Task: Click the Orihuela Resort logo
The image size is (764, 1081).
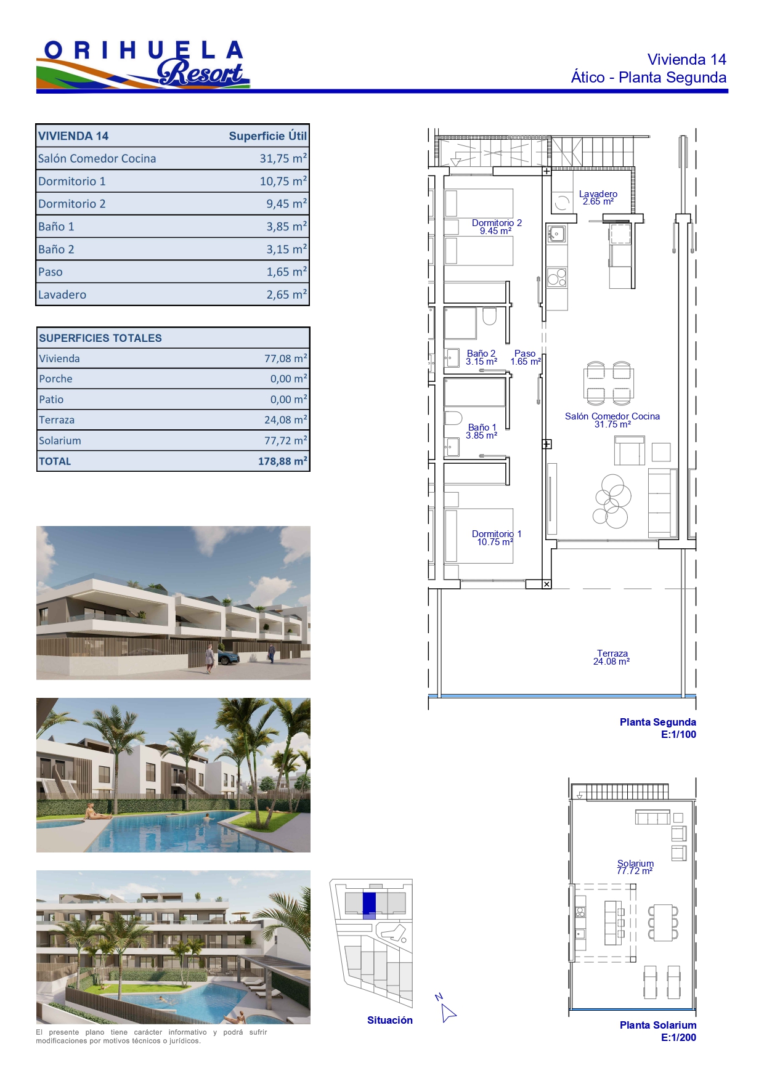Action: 143,63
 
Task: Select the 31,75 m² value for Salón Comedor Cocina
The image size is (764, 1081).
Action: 283,158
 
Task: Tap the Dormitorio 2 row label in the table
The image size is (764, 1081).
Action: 72,204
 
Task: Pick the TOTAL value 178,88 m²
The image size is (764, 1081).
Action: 282,461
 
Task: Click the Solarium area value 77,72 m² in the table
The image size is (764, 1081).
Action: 285,440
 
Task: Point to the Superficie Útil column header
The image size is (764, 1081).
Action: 267,136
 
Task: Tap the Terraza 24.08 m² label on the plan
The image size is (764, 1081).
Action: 612,657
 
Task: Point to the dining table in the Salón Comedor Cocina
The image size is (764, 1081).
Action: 609,383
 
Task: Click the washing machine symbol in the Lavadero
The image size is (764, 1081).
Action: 562,203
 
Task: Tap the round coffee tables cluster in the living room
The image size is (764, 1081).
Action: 612,500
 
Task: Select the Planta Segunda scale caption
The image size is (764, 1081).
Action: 658,728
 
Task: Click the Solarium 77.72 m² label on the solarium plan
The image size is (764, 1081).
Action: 635,867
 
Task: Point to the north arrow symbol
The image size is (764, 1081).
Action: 447,1008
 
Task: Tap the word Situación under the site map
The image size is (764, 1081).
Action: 390,1020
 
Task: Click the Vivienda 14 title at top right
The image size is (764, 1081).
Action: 686,60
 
